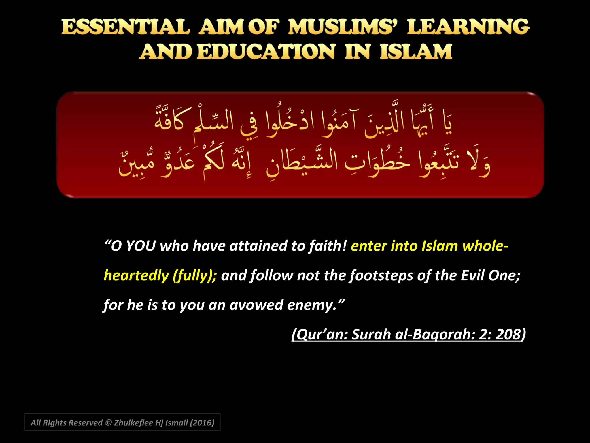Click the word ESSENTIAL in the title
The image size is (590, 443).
coord(126,27)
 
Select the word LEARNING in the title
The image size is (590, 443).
coord(468,27)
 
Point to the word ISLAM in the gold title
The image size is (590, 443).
coord(416,52)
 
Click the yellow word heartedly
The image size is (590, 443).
coord(136,276)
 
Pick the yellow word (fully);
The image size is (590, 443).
coord(195,276)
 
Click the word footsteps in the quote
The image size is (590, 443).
coord(381,276)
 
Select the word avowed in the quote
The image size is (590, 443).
coord(256,305)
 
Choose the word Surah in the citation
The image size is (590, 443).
coord(371,335)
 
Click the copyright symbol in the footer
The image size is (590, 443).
coord(108,423)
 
